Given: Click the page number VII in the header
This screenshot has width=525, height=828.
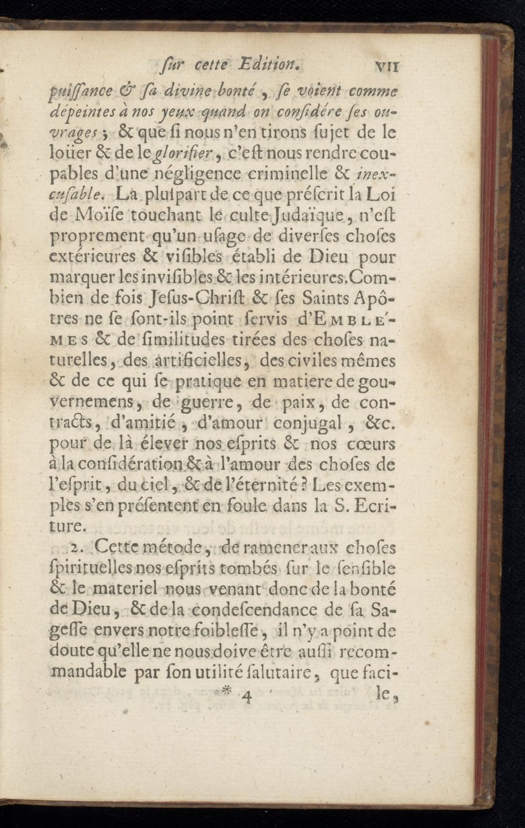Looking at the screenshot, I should [386, 67].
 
